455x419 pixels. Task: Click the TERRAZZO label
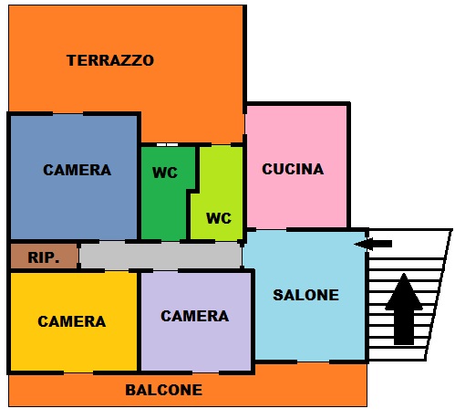(x=110, y=60)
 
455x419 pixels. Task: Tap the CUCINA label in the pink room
(x=293, y=169)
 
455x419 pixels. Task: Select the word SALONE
(x=305, y=295)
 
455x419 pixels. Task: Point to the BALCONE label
(x=164, y=390)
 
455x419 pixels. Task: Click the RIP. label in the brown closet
(x=43, y=257)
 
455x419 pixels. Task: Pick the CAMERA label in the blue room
(x=77, y=170)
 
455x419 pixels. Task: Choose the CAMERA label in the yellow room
(x=72, y=321)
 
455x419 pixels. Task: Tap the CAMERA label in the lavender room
(x=194, y=316)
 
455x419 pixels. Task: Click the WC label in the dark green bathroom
(x=165, y=173)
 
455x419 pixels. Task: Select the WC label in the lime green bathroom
(x=219, y=218)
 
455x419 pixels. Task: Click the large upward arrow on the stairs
(x=404, y=309)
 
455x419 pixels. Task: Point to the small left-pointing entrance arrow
(x=373, y=244)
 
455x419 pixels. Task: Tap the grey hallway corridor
(x=160, y=256)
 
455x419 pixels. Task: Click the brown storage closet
(x=44, y=257)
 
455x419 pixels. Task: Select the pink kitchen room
(x=296, y=166)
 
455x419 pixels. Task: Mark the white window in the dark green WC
(x=167, y=145)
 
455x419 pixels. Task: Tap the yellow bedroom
(x=74, y=321)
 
